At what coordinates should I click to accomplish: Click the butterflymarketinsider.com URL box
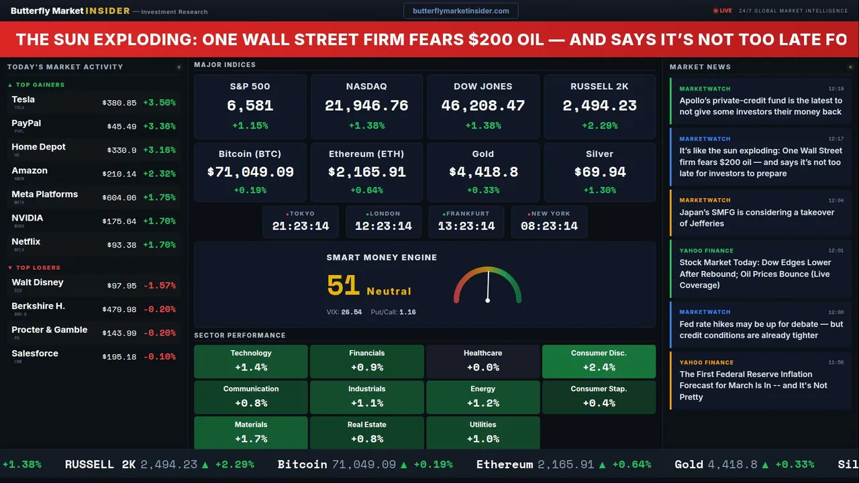click(x=461, y=11)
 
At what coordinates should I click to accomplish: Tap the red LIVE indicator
click(x=723, y=11)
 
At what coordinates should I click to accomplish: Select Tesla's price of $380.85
click(x=119, y=103)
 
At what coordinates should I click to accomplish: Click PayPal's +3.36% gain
click(x=159, y=127)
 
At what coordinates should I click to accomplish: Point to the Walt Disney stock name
click(x=38, y=282)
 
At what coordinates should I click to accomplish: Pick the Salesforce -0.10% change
click(x=159, y=357)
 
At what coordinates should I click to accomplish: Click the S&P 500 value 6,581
click(x=250, y=105)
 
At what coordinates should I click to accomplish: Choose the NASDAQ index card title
click(x=366, y=87)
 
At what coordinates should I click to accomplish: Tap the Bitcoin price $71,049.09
click(x=250, y=172)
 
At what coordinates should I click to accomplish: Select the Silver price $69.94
click(x=600, y=172)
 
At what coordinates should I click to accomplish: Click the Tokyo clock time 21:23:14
click(x=301, y=226)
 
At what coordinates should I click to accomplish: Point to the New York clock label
click(x=550, y=213)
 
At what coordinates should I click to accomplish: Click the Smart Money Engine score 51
click(x=344, y=286)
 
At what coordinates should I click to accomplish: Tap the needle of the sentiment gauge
click(x=488, y=286)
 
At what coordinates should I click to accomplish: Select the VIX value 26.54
click(x=351, y=312)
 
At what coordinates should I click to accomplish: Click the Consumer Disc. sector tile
click(x=599, y=361)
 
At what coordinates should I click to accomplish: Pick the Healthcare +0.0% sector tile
click(x=483, y=361)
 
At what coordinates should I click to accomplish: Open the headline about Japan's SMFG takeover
click(x=756, y=217)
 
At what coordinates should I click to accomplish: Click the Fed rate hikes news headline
click(x=761, y=329)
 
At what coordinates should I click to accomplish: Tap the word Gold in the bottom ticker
click(x=689, y=464)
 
